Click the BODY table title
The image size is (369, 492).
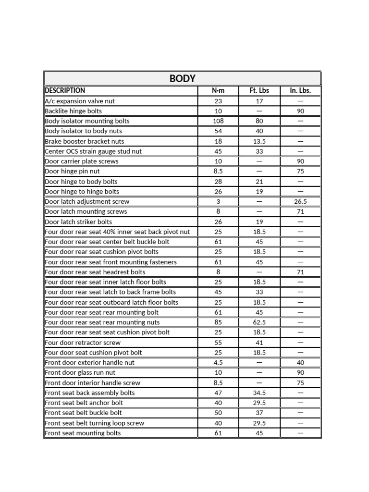coord(183,78)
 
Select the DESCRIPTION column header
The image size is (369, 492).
coord(65,90)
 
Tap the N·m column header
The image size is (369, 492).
coord(218,90)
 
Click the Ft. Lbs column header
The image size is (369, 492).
coord(259,90)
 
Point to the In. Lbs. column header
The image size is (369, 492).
coord(300,90)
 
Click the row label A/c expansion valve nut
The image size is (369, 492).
coord(80,101)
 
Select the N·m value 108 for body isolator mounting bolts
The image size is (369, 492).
coord(218,121)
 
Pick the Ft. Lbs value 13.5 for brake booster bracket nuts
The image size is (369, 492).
coord(259,141)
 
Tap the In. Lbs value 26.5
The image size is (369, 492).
coord(300,202)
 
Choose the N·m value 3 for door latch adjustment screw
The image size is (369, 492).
coord(218,202)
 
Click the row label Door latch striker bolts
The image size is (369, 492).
coord(78,222)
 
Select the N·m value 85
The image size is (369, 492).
coord(218,322)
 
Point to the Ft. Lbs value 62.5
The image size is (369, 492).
coord(259,322)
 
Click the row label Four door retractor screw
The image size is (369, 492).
coord(83,343)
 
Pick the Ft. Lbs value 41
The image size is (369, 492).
coord(259,343)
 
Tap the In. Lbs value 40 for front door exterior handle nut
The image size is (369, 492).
coord(300,363)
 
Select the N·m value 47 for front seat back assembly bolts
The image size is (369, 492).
coord(218,393)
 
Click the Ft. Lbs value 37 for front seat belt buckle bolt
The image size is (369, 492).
coord(259,413)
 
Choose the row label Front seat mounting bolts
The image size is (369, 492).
coord(83,433)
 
